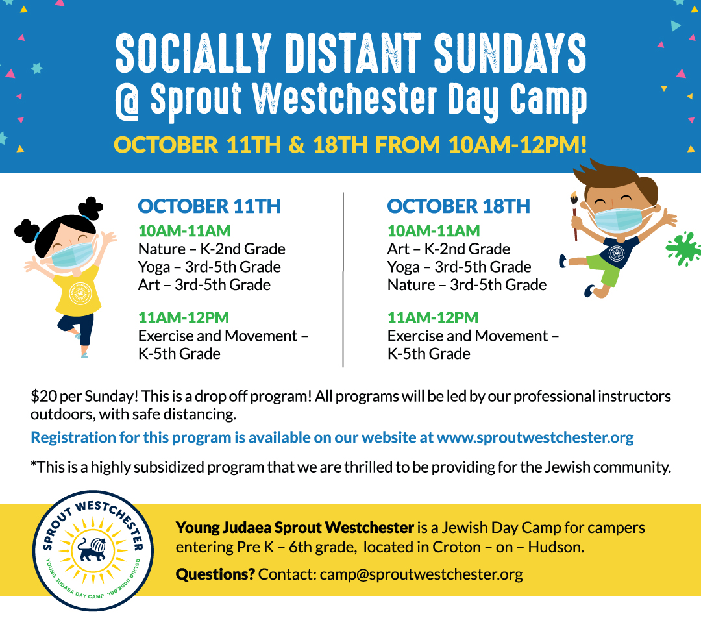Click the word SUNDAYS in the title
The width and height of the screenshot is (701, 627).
coord(510,53)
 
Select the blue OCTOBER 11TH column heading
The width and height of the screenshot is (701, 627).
coord(209,206)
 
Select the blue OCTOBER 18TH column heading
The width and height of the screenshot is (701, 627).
coord(459,206)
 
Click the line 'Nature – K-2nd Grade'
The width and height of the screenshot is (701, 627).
coord(212,249)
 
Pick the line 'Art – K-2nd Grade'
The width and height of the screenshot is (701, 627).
coord(449,249)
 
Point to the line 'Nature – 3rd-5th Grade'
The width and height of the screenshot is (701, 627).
coord(467,284)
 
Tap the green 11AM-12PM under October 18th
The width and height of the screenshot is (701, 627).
coord(433,317)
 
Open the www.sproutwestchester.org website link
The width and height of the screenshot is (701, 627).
coord(535,437)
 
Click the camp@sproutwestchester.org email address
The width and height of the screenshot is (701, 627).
coord(421,574)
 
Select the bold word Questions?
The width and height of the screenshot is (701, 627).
coord(215,574)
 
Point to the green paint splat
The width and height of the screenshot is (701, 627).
coord(683,249)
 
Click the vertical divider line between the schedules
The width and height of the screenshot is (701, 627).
coord(343,280)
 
